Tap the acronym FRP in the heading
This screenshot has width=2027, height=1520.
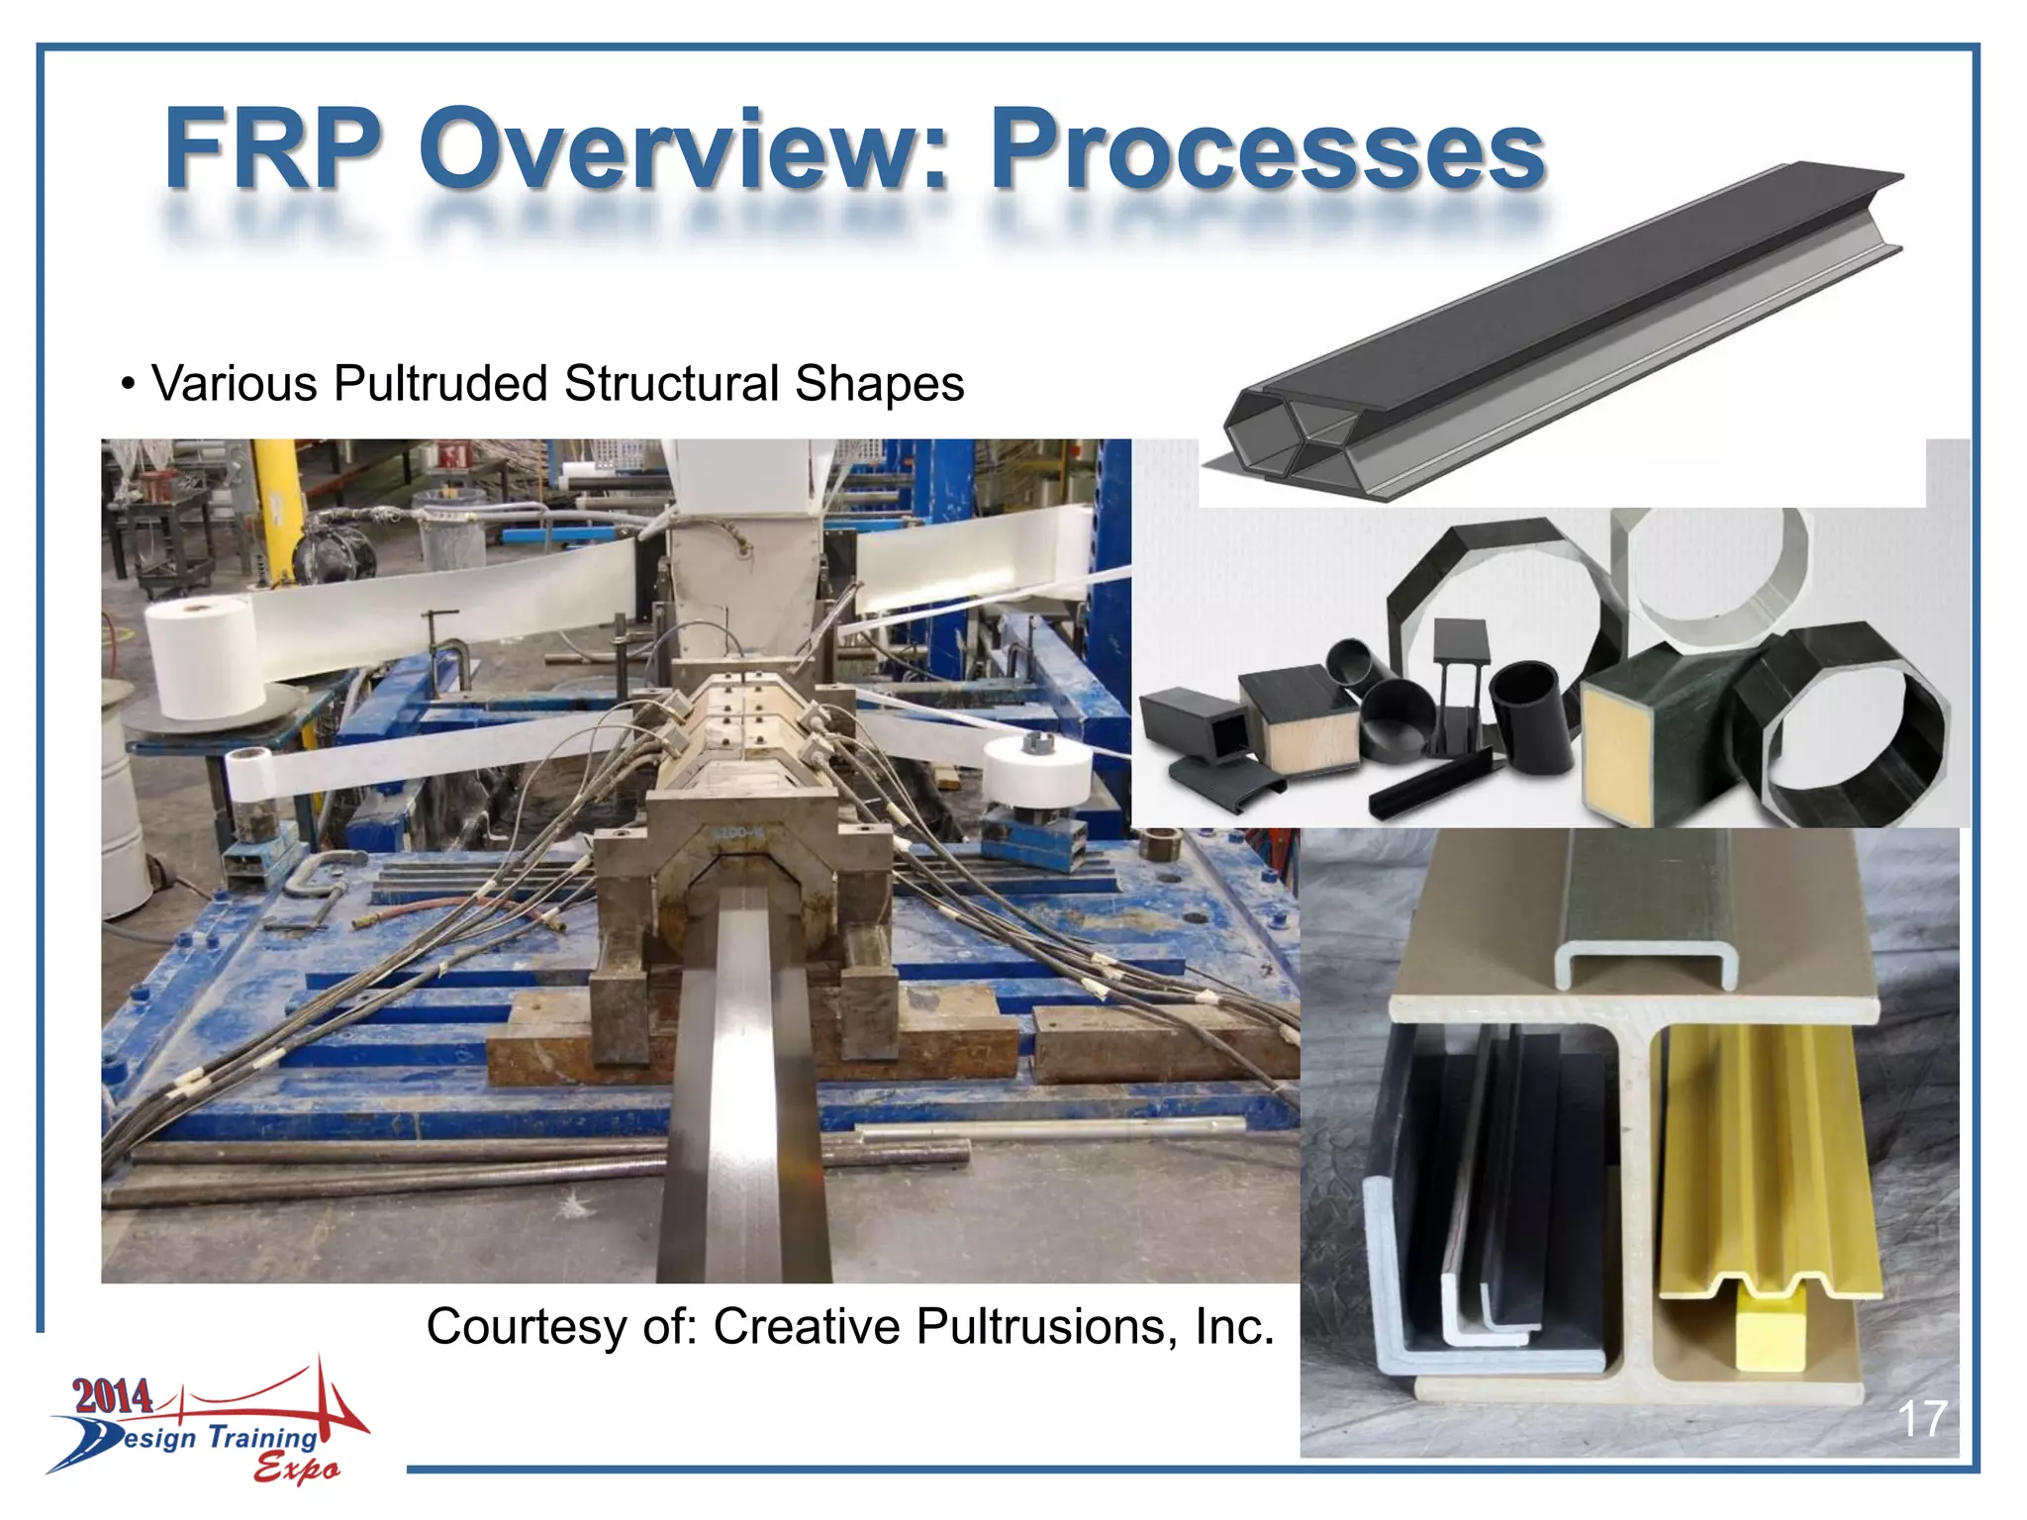pos(272,150)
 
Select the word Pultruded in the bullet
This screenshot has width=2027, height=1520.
pos(440,384)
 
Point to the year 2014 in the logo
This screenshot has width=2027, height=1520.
pos(113,1396)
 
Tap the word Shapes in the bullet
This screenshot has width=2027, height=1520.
pos(879,384)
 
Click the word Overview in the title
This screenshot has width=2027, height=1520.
pos(683,150)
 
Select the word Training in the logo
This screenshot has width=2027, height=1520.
pos(262,1437)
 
